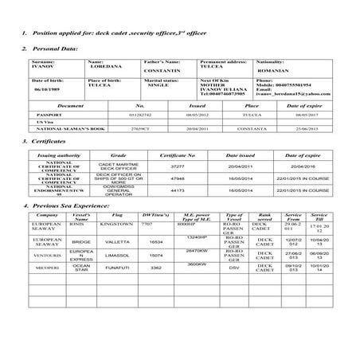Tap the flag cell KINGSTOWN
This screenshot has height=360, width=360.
[x=117, y=225]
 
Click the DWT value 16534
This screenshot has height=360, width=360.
[x=155, y=241]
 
